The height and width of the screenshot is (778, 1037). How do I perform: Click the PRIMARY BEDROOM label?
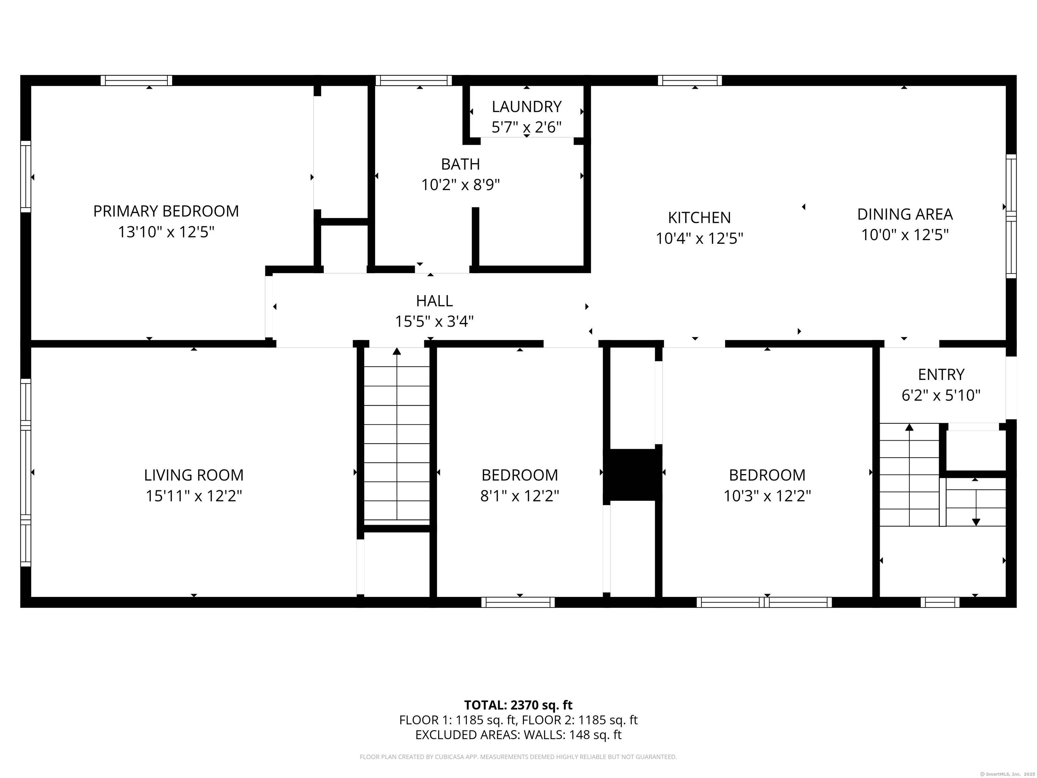[166, 211]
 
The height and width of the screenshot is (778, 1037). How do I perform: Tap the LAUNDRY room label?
[527, 107]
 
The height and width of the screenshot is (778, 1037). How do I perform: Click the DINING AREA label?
[905, 214]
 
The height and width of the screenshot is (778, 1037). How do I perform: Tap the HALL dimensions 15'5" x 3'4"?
[434, 322]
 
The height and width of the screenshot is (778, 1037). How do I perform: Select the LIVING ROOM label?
[194, 475]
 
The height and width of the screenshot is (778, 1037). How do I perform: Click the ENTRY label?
[941, 375]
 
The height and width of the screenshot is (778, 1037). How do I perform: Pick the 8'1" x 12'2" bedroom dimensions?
[520, 496]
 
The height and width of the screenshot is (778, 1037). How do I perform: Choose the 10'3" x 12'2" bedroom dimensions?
[767, 496]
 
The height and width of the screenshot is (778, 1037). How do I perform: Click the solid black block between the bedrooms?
[632, 474]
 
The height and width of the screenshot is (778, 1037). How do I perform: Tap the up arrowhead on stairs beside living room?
[397, 351]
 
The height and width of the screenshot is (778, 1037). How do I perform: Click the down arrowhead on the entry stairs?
[976, 522]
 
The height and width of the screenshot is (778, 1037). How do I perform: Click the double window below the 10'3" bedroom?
[764, 602]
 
